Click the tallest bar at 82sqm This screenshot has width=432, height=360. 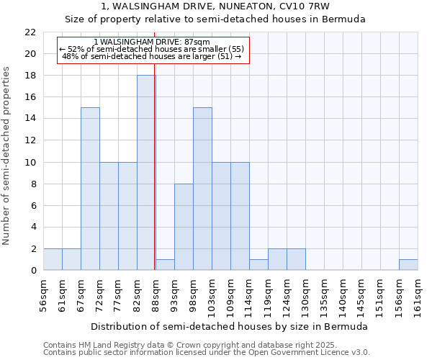pos(146,173)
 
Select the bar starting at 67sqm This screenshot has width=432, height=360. pos(90,189)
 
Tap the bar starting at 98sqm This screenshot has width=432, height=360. pos(202,189)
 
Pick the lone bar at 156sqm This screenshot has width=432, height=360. pos(408,264)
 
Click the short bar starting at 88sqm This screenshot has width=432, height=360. pos(165,264)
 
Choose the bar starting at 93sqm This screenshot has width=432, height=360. pos(184,227)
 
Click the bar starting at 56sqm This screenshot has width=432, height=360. pos(53,259)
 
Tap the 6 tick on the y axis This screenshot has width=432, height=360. pos(32,205)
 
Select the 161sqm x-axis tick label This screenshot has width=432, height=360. pos(418,295)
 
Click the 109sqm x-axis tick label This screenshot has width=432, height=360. pos(230,295)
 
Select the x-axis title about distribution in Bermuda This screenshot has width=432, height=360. pos(230,326)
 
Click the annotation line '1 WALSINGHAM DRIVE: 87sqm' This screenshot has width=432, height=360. pos(152,42)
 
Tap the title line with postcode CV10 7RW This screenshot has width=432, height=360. pos(216,6)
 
